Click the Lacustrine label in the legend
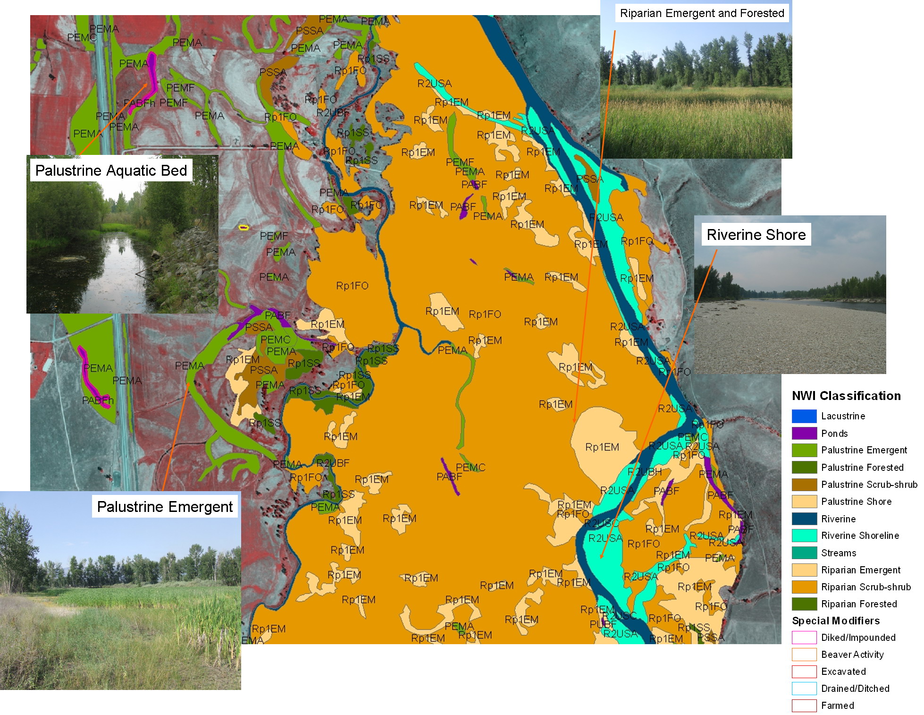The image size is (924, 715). [843, 416]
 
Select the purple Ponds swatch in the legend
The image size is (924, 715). [804, 433]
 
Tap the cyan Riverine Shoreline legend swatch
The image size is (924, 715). [804, 536]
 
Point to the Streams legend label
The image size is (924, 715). [838, 553]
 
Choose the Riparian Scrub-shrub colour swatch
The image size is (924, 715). [804, 587]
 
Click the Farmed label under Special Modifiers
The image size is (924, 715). [837, 706]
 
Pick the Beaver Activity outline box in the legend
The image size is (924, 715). [804, 655]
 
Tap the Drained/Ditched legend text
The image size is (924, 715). [855, 689]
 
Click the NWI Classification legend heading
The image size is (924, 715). [846, 396]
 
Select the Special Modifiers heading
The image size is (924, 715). [836, 621]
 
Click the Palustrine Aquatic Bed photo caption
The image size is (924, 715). [111, 170]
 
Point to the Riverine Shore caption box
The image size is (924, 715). [756, 235]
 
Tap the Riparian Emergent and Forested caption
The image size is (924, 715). [702, 13]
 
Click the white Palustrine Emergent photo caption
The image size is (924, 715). [165, 507]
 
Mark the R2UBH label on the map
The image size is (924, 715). [644, 471]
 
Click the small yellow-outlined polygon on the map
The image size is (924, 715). [243, 228]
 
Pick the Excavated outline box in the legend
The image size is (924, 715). [804, 672]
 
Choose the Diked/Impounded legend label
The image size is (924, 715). [858, 638]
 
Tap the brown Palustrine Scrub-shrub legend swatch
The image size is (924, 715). [804, 485]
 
